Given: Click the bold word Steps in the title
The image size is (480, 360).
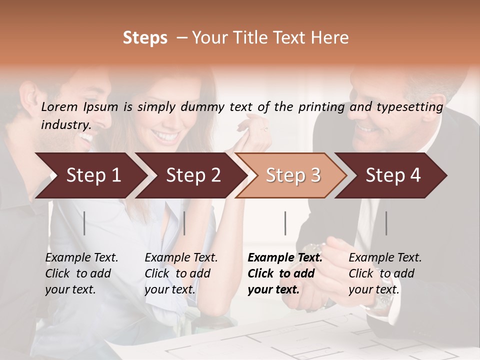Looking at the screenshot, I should [x=145, y=38].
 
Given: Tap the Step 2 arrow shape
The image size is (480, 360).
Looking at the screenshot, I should [x=193, y=175].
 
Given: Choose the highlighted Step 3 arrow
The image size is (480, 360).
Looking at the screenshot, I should [x=292, y=175].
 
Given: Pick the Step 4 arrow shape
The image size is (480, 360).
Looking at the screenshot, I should [x=392, y=175].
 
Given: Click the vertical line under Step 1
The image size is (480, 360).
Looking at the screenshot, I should [x=84, y=223].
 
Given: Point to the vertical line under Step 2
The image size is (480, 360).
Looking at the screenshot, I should [x=184, y=223].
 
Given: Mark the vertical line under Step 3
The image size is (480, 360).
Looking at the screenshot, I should [x=285, y=223].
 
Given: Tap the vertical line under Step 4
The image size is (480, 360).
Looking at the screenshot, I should [x=386, y=223].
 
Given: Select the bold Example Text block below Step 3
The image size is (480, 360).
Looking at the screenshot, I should [x=285, y=273].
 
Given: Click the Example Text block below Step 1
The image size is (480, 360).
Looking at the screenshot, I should [x=81, y=273].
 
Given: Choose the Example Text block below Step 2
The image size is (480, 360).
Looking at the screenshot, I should [x=181, y=273].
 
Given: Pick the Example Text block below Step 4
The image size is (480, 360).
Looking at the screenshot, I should [x=385, y=273].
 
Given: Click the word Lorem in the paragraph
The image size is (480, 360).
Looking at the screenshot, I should [x=59, y=107].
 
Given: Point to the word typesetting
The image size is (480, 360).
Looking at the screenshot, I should [x=408, y=107].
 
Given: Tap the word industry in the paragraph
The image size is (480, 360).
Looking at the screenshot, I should [x=65, y=125].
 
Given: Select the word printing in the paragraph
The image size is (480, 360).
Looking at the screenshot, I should [x=323, y=107].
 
